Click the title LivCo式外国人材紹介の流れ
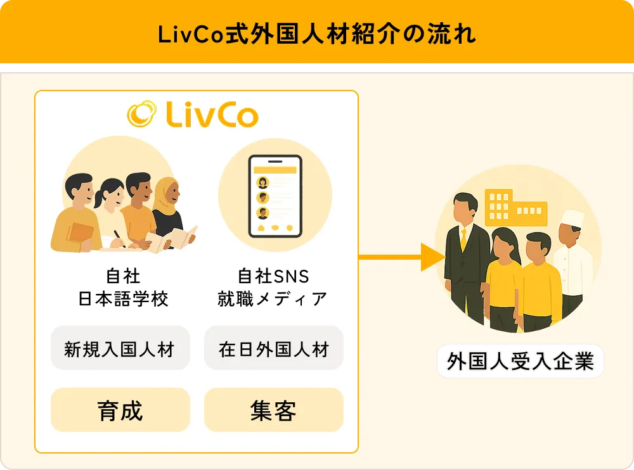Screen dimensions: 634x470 316,34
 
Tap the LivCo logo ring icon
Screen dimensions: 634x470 141,114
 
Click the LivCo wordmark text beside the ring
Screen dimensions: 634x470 212,115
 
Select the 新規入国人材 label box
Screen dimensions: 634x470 120,348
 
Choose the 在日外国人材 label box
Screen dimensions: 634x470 273,348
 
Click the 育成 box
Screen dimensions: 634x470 120,410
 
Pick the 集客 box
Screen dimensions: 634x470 273,410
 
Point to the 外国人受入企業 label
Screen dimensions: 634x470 520,362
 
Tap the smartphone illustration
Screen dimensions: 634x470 275,196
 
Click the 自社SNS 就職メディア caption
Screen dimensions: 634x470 273,287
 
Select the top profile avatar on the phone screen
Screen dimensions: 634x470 262,183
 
